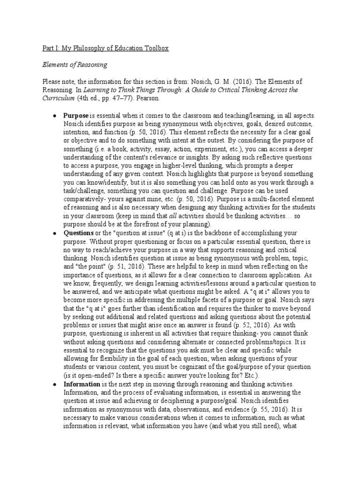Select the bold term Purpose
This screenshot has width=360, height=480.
(x=76, y=115)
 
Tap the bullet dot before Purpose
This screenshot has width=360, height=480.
(x=55, y=115)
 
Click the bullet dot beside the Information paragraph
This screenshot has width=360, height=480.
(x=55, y=384)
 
